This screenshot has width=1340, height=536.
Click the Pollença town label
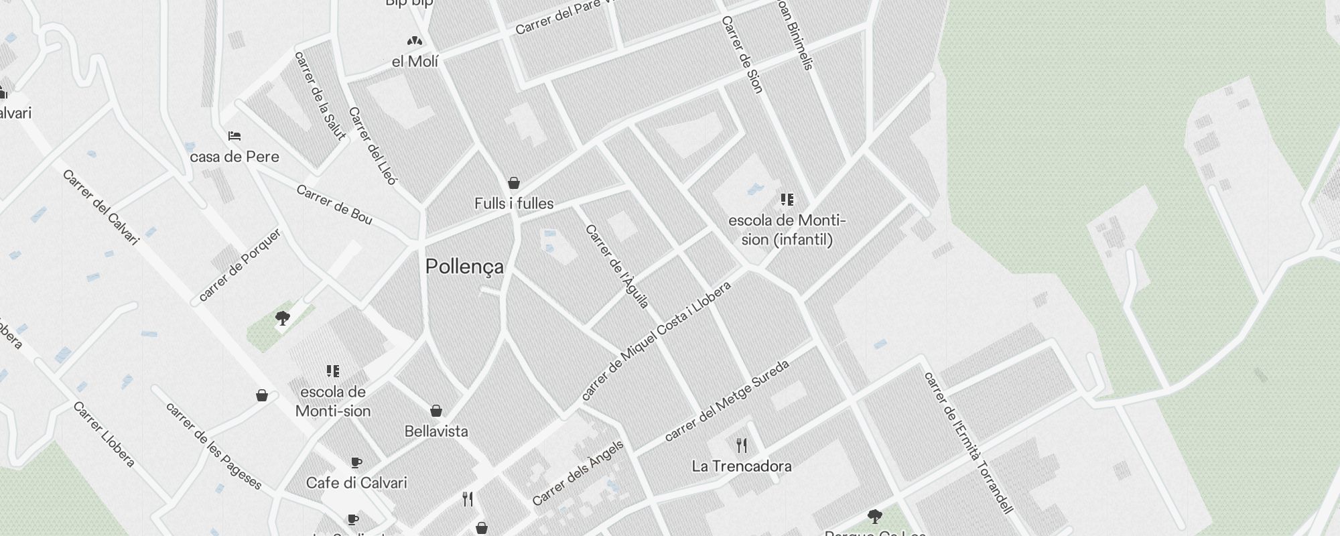click(x=464, y=267)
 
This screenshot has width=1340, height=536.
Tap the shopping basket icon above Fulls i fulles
click(x=514, y=183)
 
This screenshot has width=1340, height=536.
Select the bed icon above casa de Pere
click(x=234, y=136)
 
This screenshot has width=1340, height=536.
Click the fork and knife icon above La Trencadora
click(x=742, y=446)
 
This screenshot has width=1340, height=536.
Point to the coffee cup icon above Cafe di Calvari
click(x=356, y=462)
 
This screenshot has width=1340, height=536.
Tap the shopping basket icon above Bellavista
click(x=436, y=410)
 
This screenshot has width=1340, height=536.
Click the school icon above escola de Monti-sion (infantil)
click(x=787, y=200)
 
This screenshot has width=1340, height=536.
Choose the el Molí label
click(x=415, y=62)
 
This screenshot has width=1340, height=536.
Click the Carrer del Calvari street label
click(x=100, y=207)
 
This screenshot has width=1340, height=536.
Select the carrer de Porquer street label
click(x=240, y=265)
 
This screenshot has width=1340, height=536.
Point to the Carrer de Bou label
click(x=334, y=204)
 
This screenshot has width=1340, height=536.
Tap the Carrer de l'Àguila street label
click(x=617, y=267)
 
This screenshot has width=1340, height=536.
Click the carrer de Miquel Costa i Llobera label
click(x=657, y=341)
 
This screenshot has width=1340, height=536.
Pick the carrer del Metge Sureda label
click(x=727, y=401)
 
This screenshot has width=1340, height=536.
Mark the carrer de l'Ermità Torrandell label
click(x=967, y=443)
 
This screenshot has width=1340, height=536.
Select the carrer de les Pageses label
click(x=213, y=446)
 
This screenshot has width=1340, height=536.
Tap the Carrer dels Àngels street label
click(x=578, y=473)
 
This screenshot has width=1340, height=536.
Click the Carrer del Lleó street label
click(x=373, y=146)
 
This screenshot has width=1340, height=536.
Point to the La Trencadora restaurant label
click(x=742, y=466)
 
